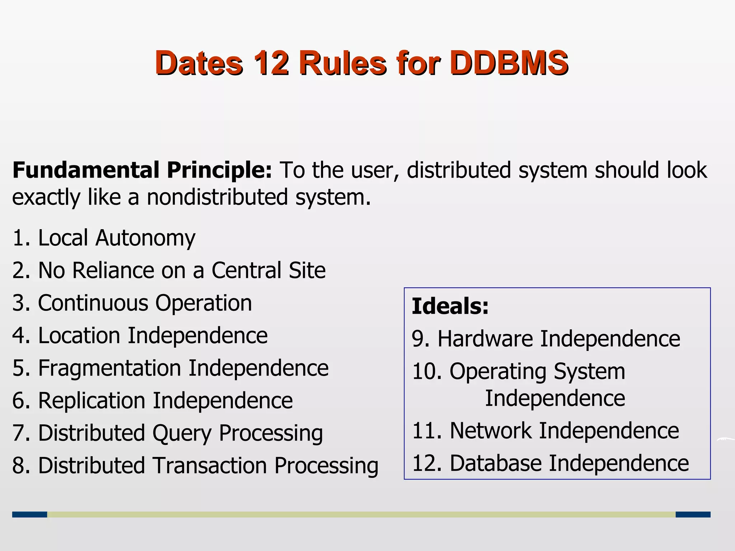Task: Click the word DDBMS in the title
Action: pos(509,63)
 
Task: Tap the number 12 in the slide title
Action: pos(271,63)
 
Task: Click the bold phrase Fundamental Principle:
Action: pos(142,170)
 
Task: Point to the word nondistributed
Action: pos(217,197)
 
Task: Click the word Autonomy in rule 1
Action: pos(145,238)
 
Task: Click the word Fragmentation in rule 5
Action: pos(109,368)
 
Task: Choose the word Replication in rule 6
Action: pos(92,401)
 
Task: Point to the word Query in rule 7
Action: pos(182,433)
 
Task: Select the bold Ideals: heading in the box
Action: pos(450,306)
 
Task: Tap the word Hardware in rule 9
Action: pos(485,339)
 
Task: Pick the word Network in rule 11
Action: pos(490,430)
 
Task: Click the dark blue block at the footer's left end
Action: pos(29,514)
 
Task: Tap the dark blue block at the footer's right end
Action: pos(693,514)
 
